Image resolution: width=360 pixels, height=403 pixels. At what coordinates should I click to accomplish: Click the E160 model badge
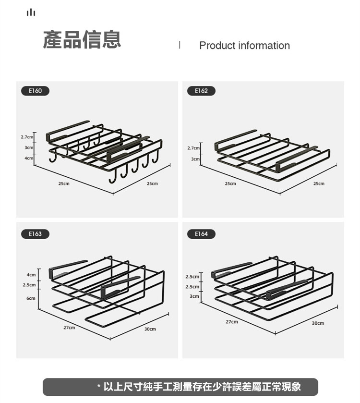35,91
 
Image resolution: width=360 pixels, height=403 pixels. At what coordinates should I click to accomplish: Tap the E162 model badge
201,91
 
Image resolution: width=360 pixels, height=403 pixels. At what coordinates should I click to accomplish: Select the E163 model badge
35,234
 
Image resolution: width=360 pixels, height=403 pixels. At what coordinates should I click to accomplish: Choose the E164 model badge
201,234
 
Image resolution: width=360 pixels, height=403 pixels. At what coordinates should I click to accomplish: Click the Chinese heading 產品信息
82,39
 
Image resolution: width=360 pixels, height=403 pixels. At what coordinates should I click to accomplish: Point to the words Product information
244,46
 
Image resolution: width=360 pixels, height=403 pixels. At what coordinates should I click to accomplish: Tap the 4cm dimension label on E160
29,158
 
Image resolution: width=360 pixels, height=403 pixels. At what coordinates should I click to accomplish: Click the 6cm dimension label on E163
31,298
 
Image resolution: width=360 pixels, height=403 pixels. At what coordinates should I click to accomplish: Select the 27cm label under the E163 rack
69,328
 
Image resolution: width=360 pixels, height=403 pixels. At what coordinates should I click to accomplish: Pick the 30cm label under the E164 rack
318,323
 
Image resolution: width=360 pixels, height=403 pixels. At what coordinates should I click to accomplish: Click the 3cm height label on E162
195,159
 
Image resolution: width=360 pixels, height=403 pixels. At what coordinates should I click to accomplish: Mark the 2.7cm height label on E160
27,137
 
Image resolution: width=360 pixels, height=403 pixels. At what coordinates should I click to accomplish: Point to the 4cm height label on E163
31,275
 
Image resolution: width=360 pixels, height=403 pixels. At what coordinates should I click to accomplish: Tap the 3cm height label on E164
194,296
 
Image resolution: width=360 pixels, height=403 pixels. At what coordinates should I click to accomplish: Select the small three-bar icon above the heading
31,12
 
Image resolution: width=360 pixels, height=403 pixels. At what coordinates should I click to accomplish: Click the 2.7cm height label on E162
193,148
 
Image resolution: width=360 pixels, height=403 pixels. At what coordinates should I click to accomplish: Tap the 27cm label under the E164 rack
232,321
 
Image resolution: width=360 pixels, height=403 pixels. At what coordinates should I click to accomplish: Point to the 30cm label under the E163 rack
150,329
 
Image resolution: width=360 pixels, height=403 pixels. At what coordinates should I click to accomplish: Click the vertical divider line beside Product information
180,45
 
